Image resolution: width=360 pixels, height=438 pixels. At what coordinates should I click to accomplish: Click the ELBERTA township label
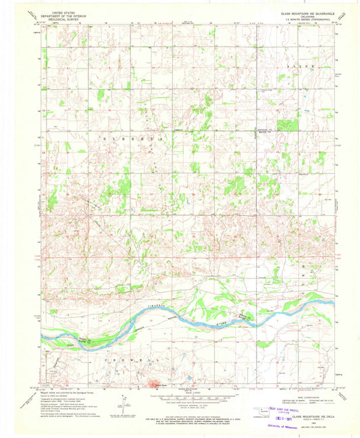(136, 136)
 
